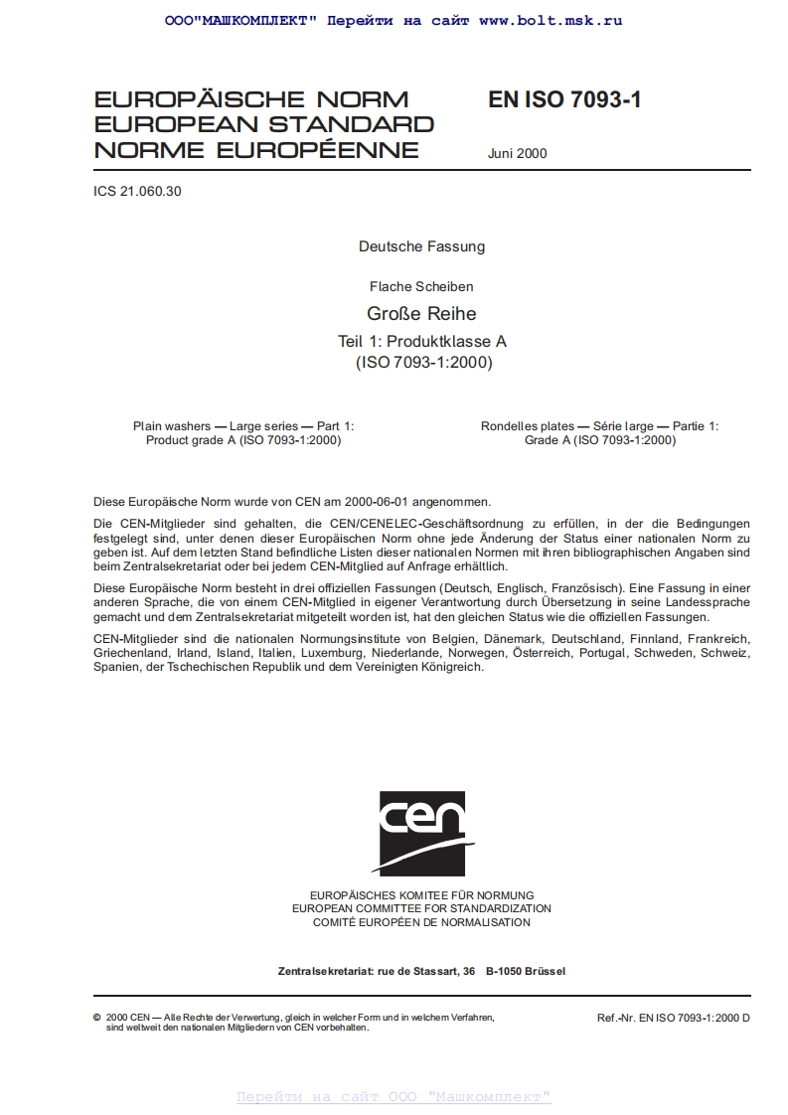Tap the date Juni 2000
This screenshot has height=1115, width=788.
tap(517, 153)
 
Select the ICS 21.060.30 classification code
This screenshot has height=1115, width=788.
tap(137, 192)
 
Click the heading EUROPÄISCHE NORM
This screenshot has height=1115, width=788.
tap(250, 100)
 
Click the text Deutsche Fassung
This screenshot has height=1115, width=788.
tap(421, 246)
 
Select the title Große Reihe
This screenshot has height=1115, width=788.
tap(421, 314)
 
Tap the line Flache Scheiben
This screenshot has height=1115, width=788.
tap(421, 286)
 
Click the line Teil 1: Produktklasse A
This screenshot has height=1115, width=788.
tap(421, 341)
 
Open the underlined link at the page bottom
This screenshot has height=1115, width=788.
tap(394, 1097)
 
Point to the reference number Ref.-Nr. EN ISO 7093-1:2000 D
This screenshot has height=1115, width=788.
tap(673, 1019)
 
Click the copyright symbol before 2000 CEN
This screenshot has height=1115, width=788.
tap(96, 1019)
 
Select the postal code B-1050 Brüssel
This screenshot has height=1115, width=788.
tap(526, 971)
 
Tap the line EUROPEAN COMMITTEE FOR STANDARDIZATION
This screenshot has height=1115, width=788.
tap(421, 908)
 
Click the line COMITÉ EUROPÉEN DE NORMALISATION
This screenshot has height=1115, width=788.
tap(421, 922)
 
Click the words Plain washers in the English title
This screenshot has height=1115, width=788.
tap(166, 426)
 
